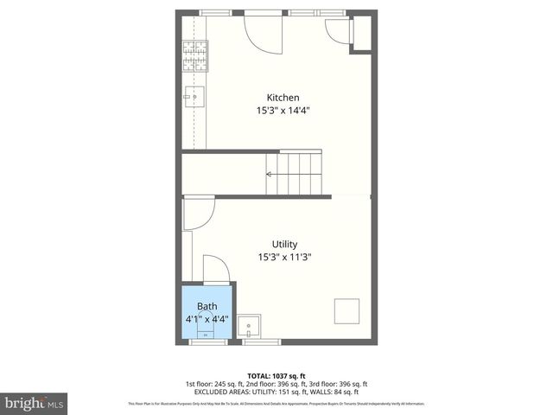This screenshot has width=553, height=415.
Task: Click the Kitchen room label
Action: pyautogui.click(x=283, y=98)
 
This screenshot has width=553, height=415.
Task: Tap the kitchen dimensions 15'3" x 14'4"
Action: pyautogui.click(x=283, y=111)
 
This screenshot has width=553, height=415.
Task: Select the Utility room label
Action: pyautogui.click(x=284, y=244)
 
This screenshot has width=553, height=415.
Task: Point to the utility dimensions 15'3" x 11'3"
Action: pyautogui.click(x=284, y=257)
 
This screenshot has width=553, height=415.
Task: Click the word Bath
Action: pyautogui.click(x=207, y=306)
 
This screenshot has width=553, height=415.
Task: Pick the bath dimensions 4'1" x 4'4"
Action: pyautogui.click(x=207, y=318)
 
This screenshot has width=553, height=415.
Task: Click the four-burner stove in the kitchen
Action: pyautogui.click(x=194, y=55)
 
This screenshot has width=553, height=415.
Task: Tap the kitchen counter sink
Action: pyautogui.click(x=194, y=94)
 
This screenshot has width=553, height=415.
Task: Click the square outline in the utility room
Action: pyautogui.click(x=347, y=310)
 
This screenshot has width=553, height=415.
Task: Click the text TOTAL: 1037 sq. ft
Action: pyautogui.click(x=276, y=375)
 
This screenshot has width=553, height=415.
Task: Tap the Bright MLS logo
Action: pyautogui.click(x=35, y=403)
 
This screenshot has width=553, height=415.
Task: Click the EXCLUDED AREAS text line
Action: pyautogui.click(x=276, y=391)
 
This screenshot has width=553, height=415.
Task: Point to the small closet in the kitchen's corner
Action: pyautogui.click(x=361, y=33)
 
